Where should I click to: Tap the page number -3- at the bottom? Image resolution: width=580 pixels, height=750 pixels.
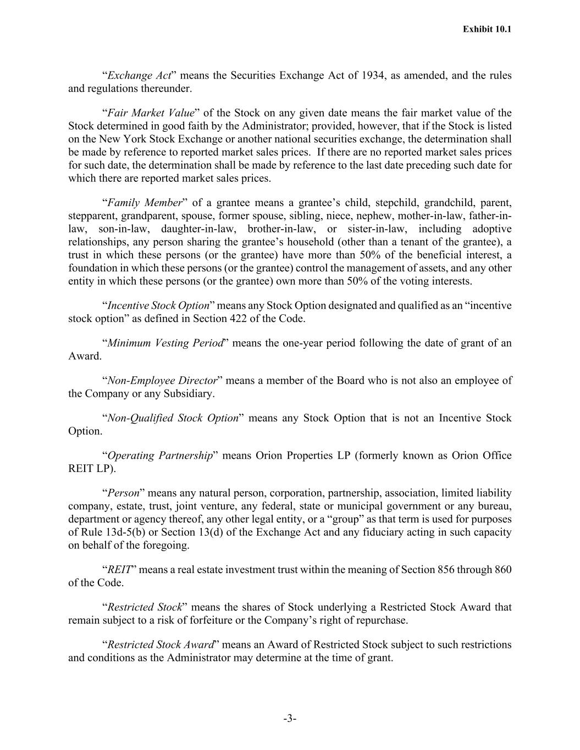tap(290, 718)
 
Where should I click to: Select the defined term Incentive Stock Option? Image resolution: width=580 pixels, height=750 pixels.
tap(158, 305)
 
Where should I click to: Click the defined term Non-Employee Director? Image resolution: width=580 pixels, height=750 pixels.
tap(162, 381)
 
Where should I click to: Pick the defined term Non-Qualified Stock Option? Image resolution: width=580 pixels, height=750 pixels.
tap(173, 418)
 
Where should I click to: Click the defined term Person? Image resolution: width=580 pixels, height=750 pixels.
tap(123, 493)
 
